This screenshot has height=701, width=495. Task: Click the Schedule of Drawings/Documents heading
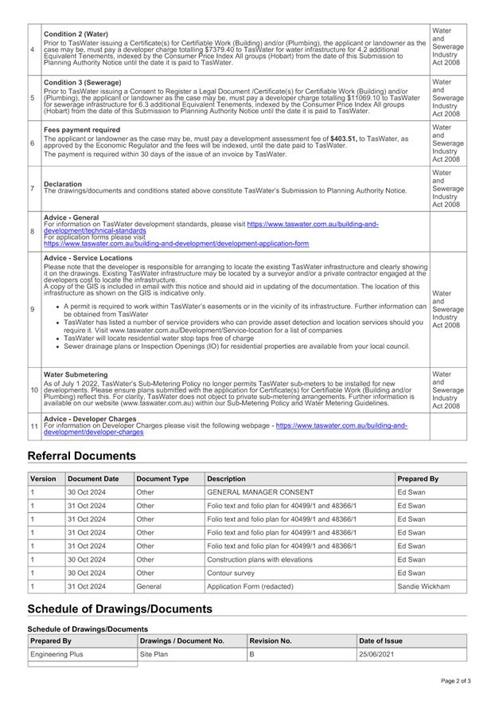click(x=119, y=609)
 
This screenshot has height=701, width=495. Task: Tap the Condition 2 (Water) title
click(x=76, y=34)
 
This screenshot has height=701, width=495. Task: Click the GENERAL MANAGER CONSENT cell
click(x=260, y=492)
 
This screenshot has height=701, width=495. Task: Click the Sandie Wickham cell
click(x=423, y=586)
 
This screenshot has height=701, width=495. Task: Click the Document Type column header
click(x=162, y=479)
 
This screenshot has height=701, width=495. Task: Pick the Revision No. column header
click(x=271, y=640)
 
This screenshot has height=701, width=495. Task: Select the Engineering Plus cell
click(x=57, y=654)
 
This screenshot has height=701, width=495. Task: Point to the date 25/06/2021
click(x=376, y=654)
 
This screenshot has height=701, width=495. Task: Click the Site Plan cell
click(x=154, y=654)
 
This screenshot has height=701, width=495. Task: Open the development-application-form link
click(x=176, y=243)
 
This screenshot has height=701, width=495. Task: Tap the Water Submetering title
click(x=76, y=374)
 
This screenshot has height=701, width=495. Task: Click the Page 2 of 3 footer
click(x=456, y=681)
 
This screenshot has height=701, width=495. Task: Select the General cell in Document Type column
click(x=149, y=586)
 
